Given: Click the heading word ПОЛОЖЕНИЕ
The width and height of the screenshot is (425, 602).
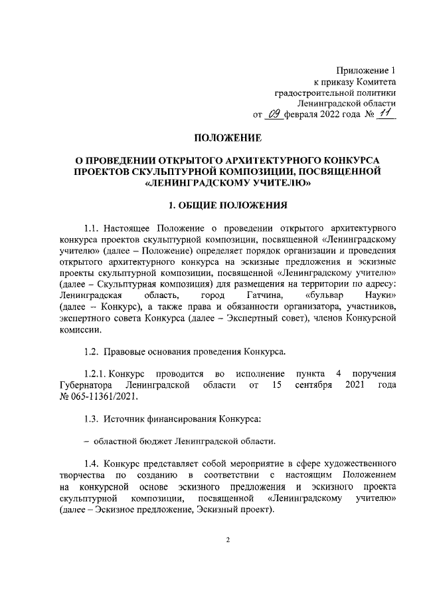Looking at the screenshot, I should tap(228, 138).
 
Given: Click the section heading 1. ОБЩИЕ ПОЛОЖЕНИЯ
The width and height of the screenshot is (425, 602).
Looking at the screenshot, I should tap(228, 206).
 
